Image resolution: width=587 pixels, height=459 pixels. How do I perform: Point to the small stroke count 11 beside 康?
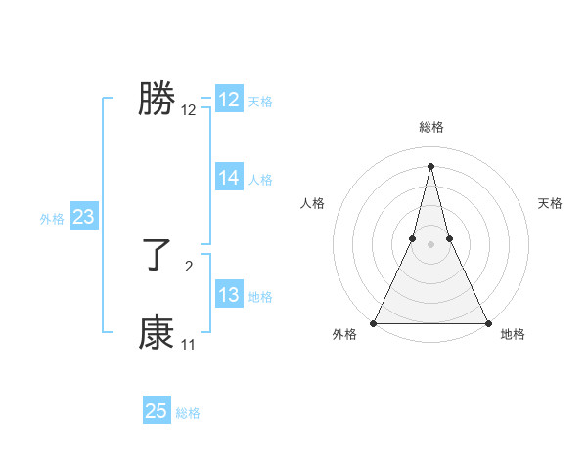coord(188,344)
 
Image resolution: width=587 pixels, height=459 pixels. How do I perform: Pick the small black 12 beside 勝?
coord(189,110)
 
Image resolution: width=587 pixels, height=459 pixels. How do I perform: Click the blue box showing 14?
coord(229,178)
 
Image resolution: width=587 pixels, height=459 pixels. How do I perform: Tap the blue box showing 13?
coord(229,295)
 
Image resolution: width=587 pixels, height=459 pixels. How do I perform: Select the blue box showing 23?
coord(83,217)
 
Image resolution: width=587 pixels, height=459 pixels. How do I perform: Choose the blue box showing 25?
coord(157,411)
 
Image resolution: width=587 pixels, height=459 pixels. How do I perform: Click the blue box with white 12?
coord(229,100)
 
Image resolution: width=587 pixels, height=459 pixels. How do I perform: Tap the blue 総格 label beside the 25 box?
coord(188,413)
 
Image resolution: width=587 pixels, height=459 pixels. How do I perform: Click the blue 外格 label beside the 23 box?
coord(52,219)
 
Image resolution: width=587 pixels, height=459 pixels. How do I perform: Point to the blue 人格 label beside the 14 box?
coord(260,180)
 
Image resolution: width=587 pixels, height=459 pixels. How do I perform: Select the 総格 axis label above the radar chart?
coord(431,127)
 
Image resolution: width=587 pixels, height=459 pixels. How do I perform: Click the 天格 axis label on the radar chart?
coord(551,203)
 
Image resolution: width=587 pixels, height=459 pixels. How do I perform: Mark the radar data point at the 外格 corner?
coord(375,322)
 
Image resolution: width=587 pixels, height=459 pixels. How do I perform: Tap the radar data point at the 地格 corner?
coord(487,322)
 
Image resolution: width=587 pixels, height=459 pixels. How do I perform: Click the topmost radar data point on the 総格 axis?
coord(430,165)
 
